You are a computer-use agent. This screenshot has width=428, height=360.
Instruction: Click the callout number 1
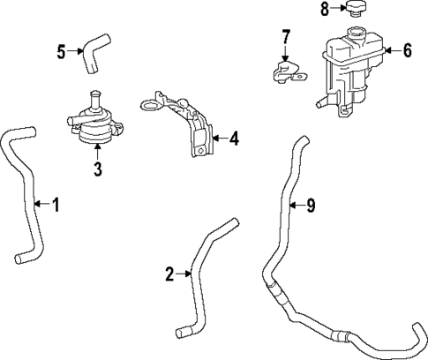pos(56,206)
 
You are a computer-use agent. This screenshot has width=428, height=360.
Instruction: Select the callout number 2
pos(170,274)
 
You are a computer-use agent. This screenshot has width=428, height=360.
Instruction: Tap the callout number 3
pos(99,169)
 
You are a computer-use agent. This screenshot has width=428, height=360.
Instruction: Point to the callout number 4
pos(233,138)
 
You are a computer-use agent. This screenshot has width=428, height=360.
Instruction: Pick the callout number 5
pos(62,51)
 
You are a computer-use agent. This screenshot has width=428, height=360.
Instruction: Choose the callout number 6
pos(407,50)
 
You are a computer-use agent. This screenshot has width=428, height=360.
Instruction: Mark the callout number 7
pos(285,37)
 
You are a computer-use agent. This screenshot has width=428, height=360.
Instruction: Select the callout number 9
pos(310,206)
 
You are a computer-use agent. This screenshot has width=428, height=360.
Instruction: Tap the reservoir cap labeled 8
pos(357,10)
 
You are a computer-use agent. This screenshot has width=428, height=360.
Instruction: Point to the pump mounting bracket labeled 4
pos(190,124)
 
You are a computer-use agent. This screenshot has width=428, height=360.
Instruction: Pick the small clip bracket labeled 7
pos(284,72)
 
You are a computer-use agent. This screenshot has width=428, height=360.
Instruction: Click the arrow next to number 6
pos(391,50)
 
